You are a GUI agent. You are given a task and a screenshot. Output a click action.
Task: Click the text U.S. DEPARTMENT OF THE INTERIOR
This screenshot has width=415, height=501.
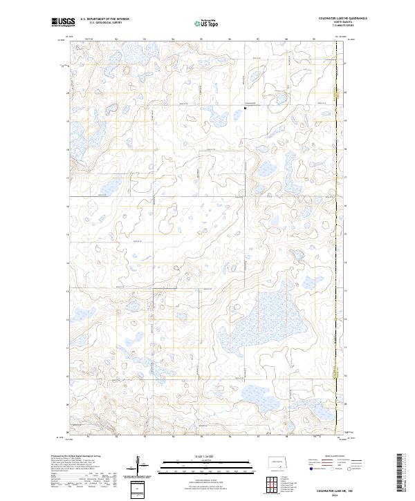(x=104, y=19)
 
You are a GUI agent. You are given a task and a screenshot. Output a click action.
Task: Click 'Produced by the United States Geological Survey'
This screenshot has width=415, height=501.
(x=73, y=456)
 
